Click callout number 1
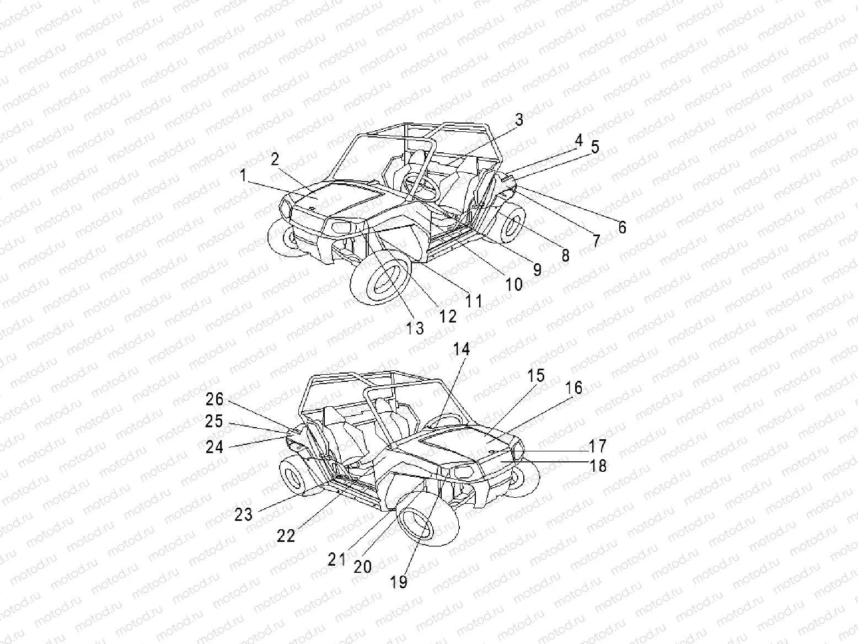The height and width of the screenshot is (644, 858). [x=243, y=176]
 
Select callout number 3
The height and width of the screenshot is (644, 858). [x=519, y=119]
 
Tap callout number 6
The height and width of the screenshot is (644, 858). [x=622, y=227]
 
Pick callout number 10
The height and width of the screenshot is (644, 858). [x=514, y=284]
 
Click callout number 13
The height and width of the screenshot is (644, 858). [x=415, y=328]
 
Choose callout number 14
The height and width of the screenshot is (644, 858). [x=462, y=349]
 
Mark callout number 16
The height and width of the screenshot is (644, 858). [x=574, y=388]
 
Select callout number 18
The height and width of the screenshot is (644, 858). [x=598, y=466]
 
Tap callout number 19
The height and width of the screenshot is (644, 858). [x=399, y=582]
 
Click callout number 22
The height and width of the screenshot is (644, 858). [x=286, y=535]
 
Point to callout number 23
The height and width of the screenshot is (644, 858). [x=243, y=514]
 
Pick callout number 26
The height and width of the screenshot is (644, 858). [x=214, y=399]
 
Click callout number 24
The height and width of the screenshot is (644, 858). [x=214, y=446]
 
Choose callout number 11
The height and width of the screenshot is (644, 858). [x=474, y=301]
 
